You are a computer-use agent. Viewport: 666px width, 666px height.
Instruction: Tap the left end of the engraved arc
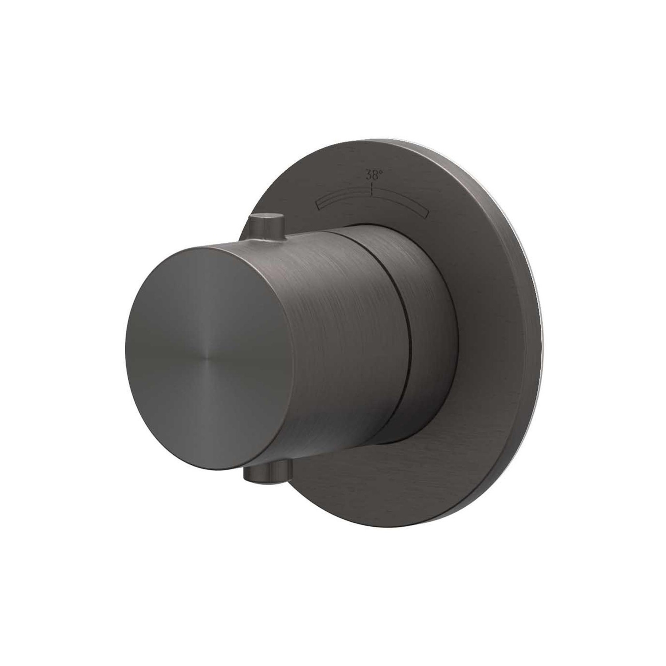[318, 204]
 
